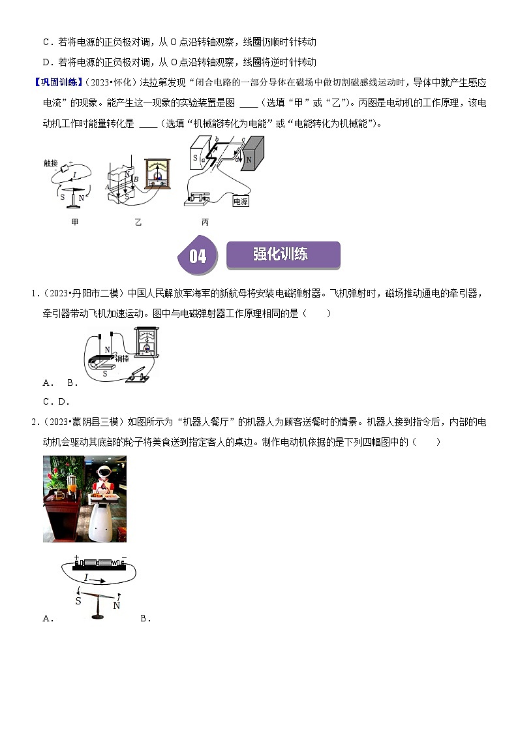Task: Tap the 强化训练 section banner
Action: click(282, 255)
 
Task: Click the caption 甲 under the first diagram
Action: click(75, 222)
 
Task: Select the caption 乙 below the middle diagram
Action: click(138, 222)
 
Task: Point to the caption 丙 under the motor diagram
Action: click(206, 222)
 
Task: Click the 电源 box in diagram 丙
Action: click(241, 202)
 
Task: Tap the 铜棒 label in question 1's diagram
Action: click(122, 358)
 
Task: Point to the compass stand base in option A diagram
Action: click(99, 617)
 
